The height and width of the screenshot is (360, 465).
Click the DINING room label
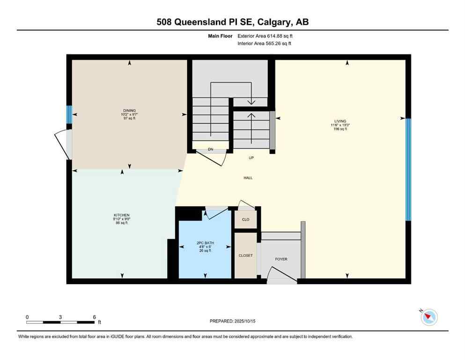(130, 111)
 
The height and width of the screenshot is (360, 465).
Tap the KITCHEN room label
(121, 215)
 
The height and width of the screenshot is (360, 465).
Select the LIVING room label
(340, 121)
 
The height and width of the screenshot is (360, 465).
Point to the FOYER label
(281, 259)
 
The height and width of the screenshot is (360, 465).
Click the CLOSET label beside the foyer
(245, 255)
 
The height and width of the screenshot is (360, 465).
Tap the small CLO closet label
(245, 219)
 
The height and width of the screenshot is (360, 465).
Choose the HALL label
(248, 178)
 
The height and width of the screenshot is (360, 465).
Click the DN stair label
(211, 150)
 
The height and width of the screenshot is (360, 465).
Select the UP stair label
(251, 158)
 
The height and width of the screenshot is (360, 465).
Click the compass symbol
(428, 317)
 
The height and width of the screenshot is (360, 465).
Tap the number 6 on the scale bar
(94, 317)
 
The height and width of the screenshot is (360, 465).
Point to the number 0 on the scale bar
(27, 317)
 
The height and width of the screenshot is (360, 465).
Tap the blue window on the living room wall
(408, 169)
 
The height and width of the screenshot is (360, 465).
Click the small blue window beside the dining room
(69, 114)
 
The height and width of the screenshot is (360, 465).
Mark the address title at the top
(232, 22)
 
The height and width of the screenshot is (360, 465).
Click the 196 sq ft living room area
(340, 129)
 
